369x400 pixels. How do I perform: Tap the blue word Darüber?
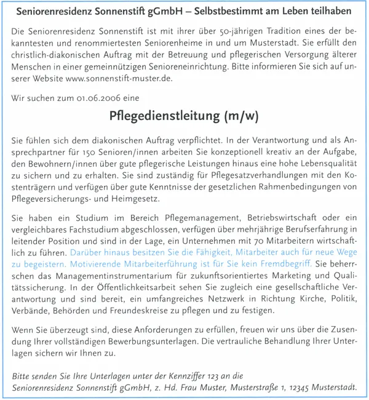[x=88, y=252]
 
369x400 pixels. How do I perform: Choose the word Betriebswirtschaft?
[x=272, y=218]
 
